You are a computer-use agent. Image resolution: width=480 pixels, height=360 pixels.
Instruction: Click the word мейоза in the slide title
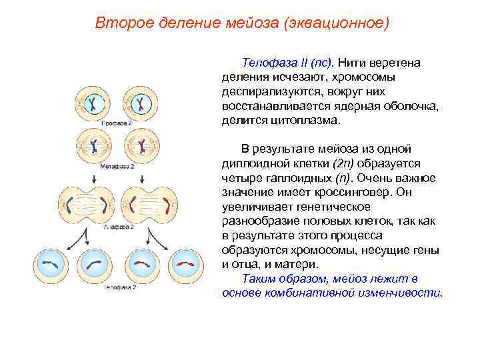[253, 23]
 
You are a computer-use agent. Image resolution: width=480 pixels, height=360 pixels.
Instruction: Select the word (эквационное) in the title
[336, 23]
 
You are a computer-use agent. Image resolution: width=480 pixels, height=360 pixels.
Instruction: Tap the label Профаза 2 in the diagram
[116, 123]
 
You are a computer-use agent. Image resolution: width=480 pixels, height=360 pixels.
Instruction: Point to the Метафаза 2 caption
[117, 165]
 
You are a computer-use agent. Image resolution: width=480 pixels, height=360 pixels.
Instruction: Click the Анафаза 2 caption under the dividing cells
[118, 227]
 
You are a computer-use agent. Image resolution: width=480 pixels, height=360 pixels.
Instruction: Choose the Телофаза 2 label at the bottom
[119, 287]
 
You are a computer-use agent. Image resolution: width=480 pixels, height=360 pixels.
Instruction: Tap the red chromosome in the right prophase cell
[141, 103]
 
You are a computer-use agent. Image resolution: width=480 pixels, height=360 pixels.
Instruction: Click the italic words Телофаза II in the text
[267, 63]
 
